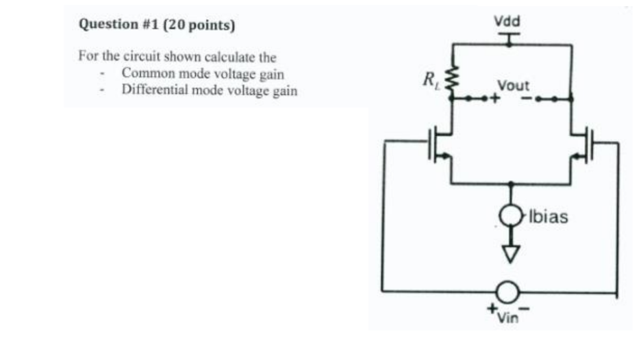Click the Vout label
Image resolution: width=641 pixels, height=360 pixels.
coord(514,86)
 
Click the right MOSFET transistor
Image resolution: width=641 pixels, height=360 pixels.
coord(584,144)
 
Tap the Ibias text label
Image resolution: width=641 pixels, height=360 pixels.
coord(547,218)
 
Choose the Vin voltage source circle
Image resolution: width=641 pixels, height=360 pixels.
coord(507,292)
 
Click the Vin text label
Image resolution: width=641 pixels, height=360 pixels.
coord(507,316)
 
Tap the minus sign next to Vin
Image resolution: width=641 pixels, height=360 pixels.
coord(526,309)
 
